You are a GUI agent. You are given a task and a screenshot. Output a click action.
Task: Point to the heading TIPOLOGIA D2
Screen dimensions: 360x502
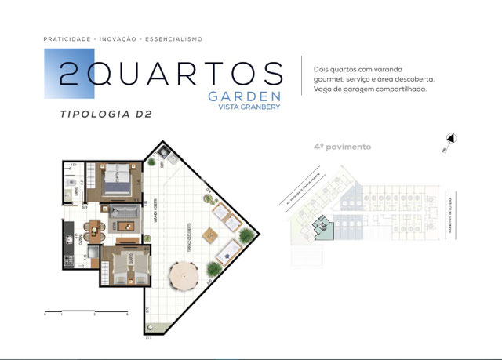pos(105,115)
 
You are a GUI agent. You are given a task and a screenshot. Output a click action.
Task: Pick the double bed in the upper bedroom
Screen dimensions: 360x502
pos(116,180)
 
